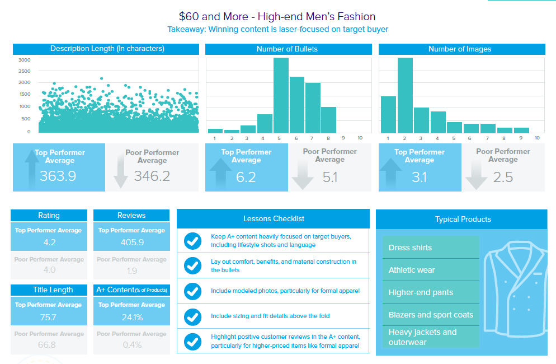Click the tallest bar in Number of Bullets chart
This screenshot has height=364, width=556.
281,95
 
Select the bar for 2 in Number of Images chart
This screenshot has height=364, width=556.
405,95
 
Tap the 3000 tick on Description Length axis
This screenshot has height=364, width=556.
25,60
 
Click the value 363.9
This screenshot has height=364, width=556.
58,176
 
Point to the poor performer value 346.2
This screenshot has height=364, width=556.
152,176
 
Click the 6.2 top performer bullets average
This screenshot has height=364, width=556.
246,177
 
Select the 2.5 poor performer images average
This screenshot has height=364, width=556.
503,177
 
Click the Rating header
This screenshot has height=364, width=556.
49,215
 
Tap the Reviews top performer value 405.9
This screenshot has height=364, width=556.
131,242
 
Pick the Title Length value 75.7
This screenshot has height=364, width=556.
49,317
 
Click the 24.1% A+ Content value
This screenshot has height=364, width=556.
131,317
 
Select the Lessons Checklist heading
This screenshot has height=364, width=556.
273,218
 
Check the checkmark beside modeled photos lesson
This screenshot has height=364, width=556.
192,291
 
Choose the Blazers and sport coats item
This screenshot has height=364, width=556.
431,315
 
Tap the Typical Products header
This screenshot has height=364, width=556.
462,219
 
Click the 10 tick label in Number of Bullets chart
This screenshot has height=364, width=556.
360,137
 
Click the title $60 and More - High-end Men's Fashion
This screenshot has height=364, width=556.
277,17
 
